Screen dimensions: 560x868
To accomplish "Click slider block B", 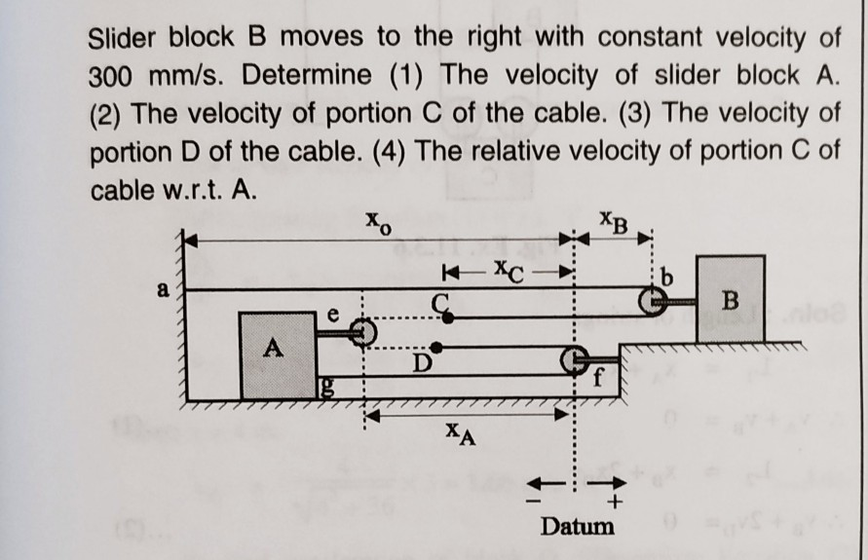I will (x=730, y=299).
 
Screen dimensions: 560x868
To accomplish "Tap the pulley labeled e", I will (x=361, y=331).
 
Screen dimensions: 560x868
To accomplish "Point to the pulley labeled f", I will (x=574, y=361).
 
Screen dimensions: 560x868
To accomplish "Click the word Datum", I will (x=578, y=526).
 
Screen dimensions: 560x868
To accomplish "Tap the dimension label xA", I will (x=461, y=431).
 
